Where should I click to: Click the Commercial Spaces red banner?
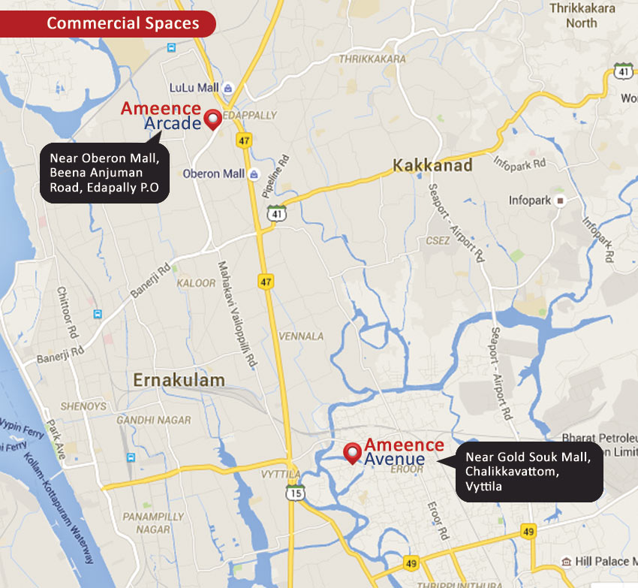pos(113,23)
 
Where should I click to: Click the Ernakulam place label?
pos(179,380)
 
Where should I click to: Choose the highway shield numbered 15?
pos(295,493)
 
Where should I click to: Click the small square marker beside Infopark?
pos(560,201)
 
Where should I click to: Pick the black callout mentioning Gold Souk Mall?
pos(530,472)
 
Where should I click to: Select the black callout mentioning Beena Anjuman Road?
pos(104,173)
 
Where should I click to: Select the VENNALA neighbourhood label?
pos(300,336)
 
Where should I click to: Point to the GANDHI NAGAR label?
pos(154,420)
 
